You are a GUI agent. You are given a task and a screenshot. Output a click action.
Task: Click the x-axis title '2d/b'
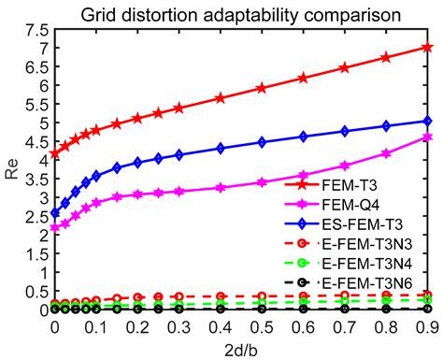click(240, 350)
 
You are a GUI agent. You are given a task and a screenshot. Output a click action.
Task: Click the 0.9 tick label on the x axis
click(427, 326)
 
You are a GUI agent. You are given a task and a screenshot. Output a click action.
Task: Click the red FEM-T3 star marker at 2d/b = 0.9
click(427, 47)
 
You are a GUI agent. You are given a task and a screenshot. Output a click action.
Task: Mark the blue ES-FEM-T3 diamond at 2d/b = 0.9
click(427, 121)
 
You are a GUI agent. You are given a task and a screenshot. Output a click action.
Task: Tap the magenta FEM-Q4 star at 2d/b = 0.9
click(427, 137)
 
